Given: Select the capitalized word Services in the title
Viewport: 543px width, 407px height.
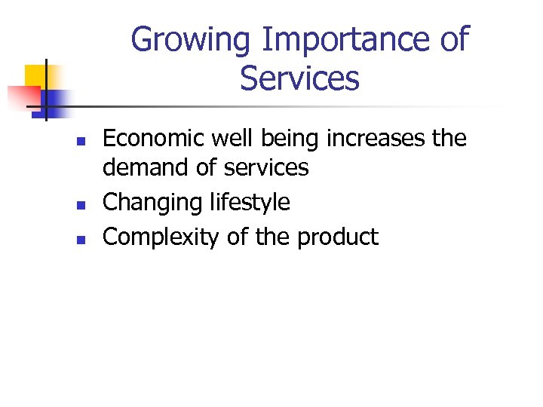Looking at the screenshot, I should pyautogui.click(x=299, y=78).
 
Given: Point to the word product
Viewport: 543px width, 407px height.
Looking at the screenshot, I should pyautogui.click(x=337, y=238).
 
